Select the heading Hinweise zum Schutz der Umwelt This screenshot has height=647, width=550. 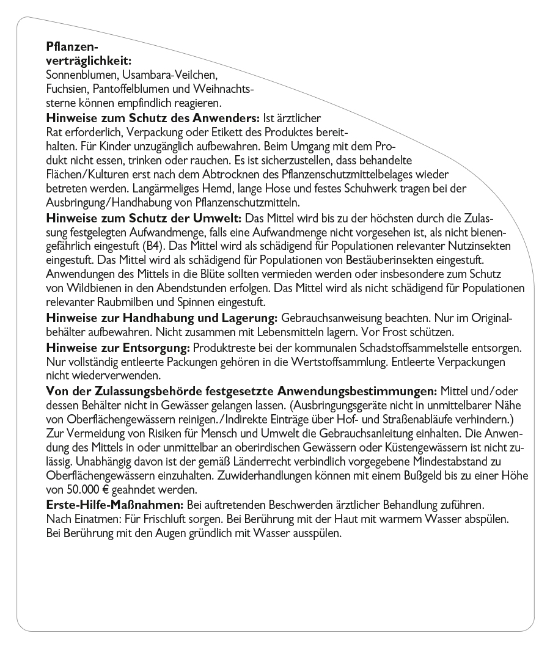click(144, 218)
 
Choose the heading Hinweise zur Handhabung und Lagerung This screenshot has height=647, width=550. click(163, 319)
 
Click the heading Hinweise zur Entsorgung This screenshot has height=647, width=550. click(119, 348)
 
